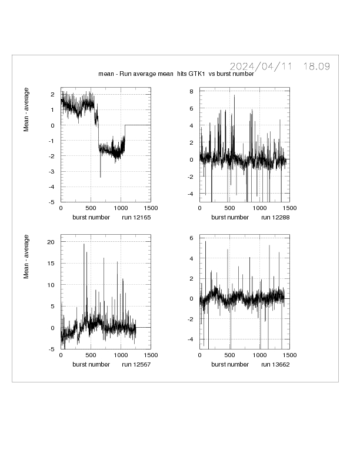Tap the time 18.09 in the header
click(x=316, y=66)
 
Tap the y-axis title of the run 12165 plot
click(x=26, y=109)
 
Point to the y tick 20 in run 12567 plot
click(x=51, y=242)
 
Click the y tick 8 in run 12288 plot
click(x=191, y=92)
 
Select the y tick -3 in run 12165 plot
click(x=52, y=171)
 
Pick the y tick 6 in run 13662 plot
click(x=191, y=238)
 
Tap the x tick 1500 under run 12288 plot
click(x=288, y=208)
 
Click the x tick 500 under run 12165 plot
click(x=91, y=208)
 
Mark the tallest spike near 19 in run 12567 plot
click(x=84, y=245)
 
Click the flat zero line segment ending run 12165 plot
click(x=138, y=125)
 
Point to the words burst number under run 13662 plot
click(x=230, y=365)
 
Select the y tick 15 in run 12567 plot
click(x=51, y=263)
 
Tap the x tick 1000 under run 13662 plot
click(x=259, y=356)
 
